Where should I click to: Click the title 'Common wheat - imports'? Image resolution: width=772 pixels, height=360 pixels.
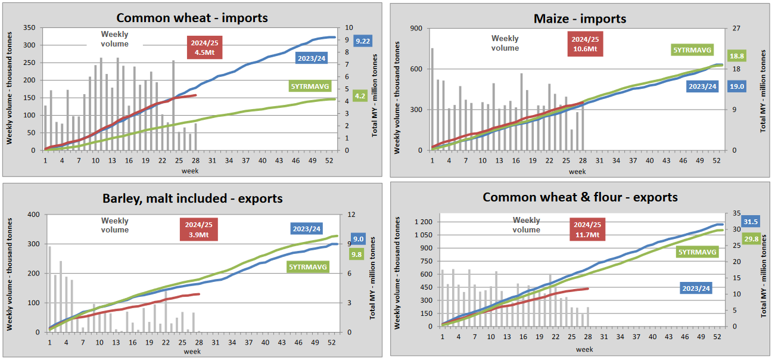pos(192,17)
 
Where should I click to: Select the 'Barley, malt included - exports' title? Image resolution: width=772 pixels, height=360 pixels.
pos(192,198)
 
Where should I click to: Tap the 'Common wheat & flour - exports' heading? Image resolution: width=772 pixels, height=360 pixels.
pos(580,197)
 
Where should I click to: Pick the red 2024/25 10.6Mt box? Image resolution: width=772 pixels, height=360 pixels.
pos(585,44)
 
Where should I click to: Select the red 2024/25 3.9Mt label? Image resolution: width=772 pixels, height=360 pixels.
pos(198,229)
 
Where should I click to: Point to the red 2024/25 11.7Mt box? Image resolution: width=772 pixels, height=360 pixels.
pos(586,229)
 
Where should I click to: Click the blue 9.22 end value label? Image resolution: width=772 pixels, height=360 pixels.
pos(362,41)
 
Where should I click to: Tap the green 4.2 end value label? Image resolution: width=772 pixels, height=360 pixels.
pos(360,95)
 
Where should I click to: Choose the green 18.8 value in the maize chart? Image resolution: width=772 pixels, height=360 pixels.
pos(737,55)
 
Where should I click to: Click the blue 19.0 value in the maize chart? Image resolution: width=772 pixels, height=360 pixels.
pos(737,86)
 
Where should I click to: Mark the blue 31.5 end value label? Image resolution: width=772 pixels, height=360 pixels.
pos(751,222)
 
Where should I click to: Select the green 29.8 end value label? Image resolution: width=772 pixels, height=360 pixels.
pos(751,239)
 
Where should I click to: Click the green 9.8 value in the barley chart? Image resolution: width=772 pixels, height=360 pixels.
pos(357,255)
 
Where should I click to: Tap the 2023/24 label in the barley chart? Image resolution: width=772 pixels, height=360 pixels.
pos(307,228)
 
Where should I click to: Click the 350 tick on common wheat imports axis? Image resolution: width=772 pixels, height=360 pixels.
pos(29,28)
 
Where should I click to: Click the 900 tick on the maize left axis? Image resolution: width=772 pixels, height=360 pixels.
pos(416,28)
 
